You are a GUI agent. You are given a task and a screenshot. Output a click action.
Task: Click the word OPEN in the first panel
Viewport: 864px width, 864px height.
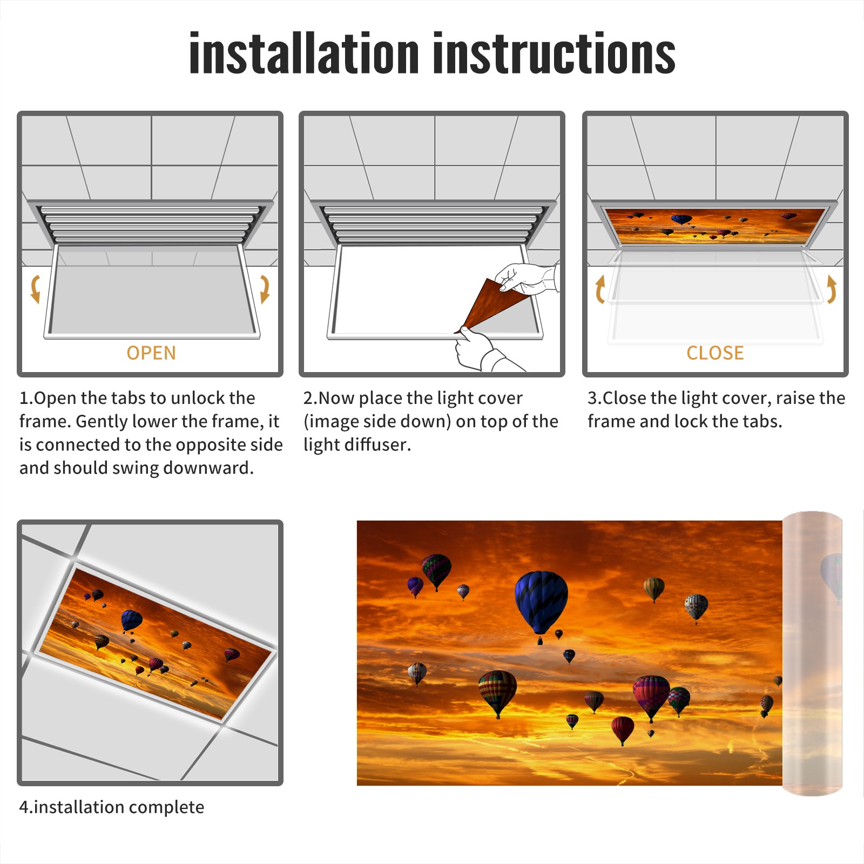[151, 353]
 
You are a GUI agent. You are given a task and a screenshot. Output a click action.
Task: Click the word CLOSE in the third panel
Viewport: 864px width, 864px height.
[715, 353]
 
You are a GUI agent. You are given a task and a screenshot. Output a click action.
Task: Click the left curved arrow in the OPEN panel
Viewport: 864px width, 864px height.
[35, 289]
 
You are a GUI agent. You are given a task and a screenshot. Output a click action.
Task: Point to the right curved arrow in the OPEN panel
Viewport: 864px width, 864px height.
[265, 289]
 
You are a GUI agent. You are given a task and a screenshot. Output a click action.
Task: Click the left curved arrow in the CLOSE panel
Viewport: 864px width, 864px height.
[599, 289]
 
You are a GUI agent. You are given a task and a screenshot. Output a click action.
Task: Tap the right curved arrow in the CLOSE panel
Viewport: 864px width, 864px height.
[832, 289]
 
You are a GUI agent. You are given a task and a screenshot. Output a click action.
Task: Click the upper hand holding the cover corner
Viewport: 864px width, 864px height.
[526, 279]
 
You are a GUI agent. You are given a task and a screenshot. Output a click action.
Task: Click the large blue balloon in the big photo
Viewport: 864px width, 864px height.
[541, 602]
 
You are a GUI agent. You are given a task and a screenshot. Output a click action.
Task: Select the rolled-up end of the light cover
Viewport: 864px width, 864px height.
[812, 653]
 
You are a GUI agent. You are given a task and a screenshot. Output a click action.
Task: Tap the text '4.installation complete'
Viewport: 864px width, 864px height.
[112, 807]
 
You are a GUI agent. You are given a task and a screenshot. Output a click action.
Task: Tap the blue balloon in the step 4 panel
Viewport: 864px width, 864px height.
[131, 620]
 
